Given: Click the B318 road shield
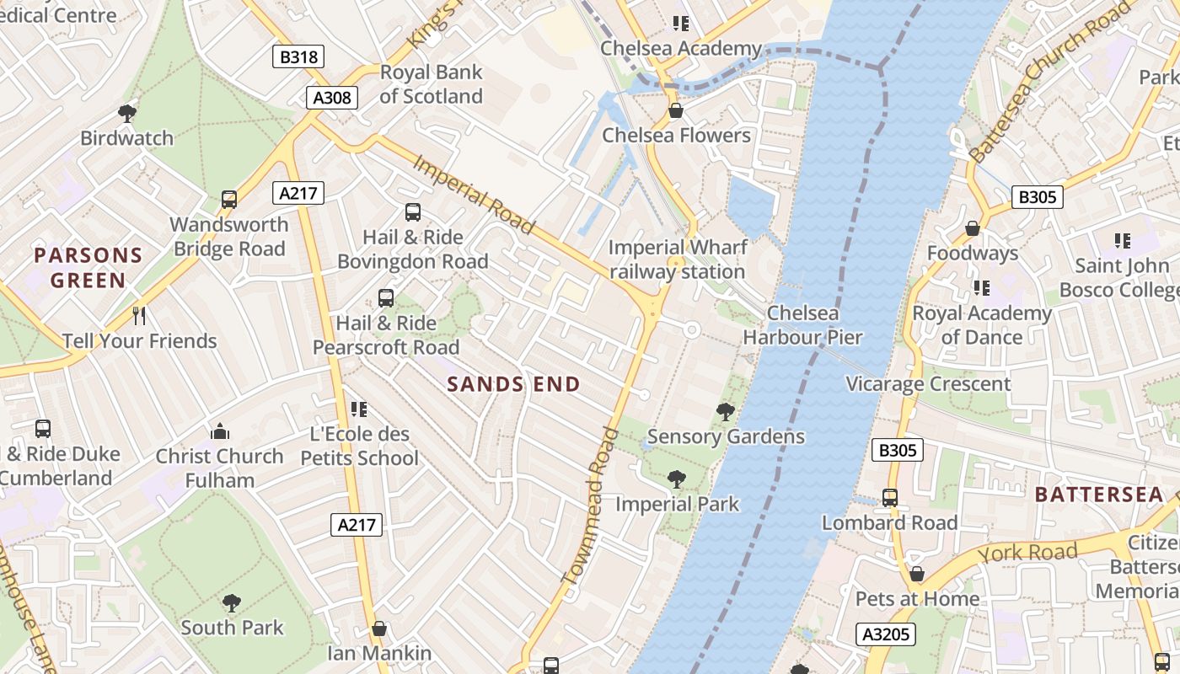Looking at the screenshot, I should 298,56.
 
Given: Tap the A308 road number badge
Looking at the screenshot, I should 332,97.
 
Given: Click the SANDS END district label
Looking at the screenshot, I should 514,384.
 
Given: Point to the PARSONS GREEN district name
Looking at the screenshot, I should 88,267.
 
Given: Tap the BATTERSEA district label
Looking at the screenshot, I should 1099,495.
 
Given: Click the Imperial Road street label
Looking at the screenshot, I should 473,194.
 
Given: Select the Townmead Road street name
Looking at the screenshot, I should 589,505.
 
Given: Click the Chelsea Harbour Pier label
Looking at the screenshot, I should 802,325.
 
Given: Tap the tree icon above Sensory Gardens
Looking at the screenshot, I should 725,412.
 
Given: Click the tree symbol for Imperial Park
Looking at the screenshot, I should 676,479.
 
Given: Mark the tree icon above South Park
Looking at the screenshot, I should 232,602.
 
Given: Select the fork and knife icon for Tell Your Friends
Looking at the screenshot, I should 139,316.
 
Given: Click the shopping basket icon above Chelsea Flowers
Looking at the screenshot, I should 675,110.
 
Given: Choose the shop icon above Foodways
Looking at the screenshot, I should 973,228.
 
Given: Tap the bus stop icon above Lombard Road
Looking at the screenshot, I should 890,498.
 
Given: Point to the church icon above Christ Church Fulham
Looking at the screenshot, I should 221,431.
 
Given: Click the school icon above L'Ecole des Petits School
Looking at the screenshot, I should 359,409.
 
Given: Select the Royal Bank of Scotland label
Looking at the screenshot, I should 431,84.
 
